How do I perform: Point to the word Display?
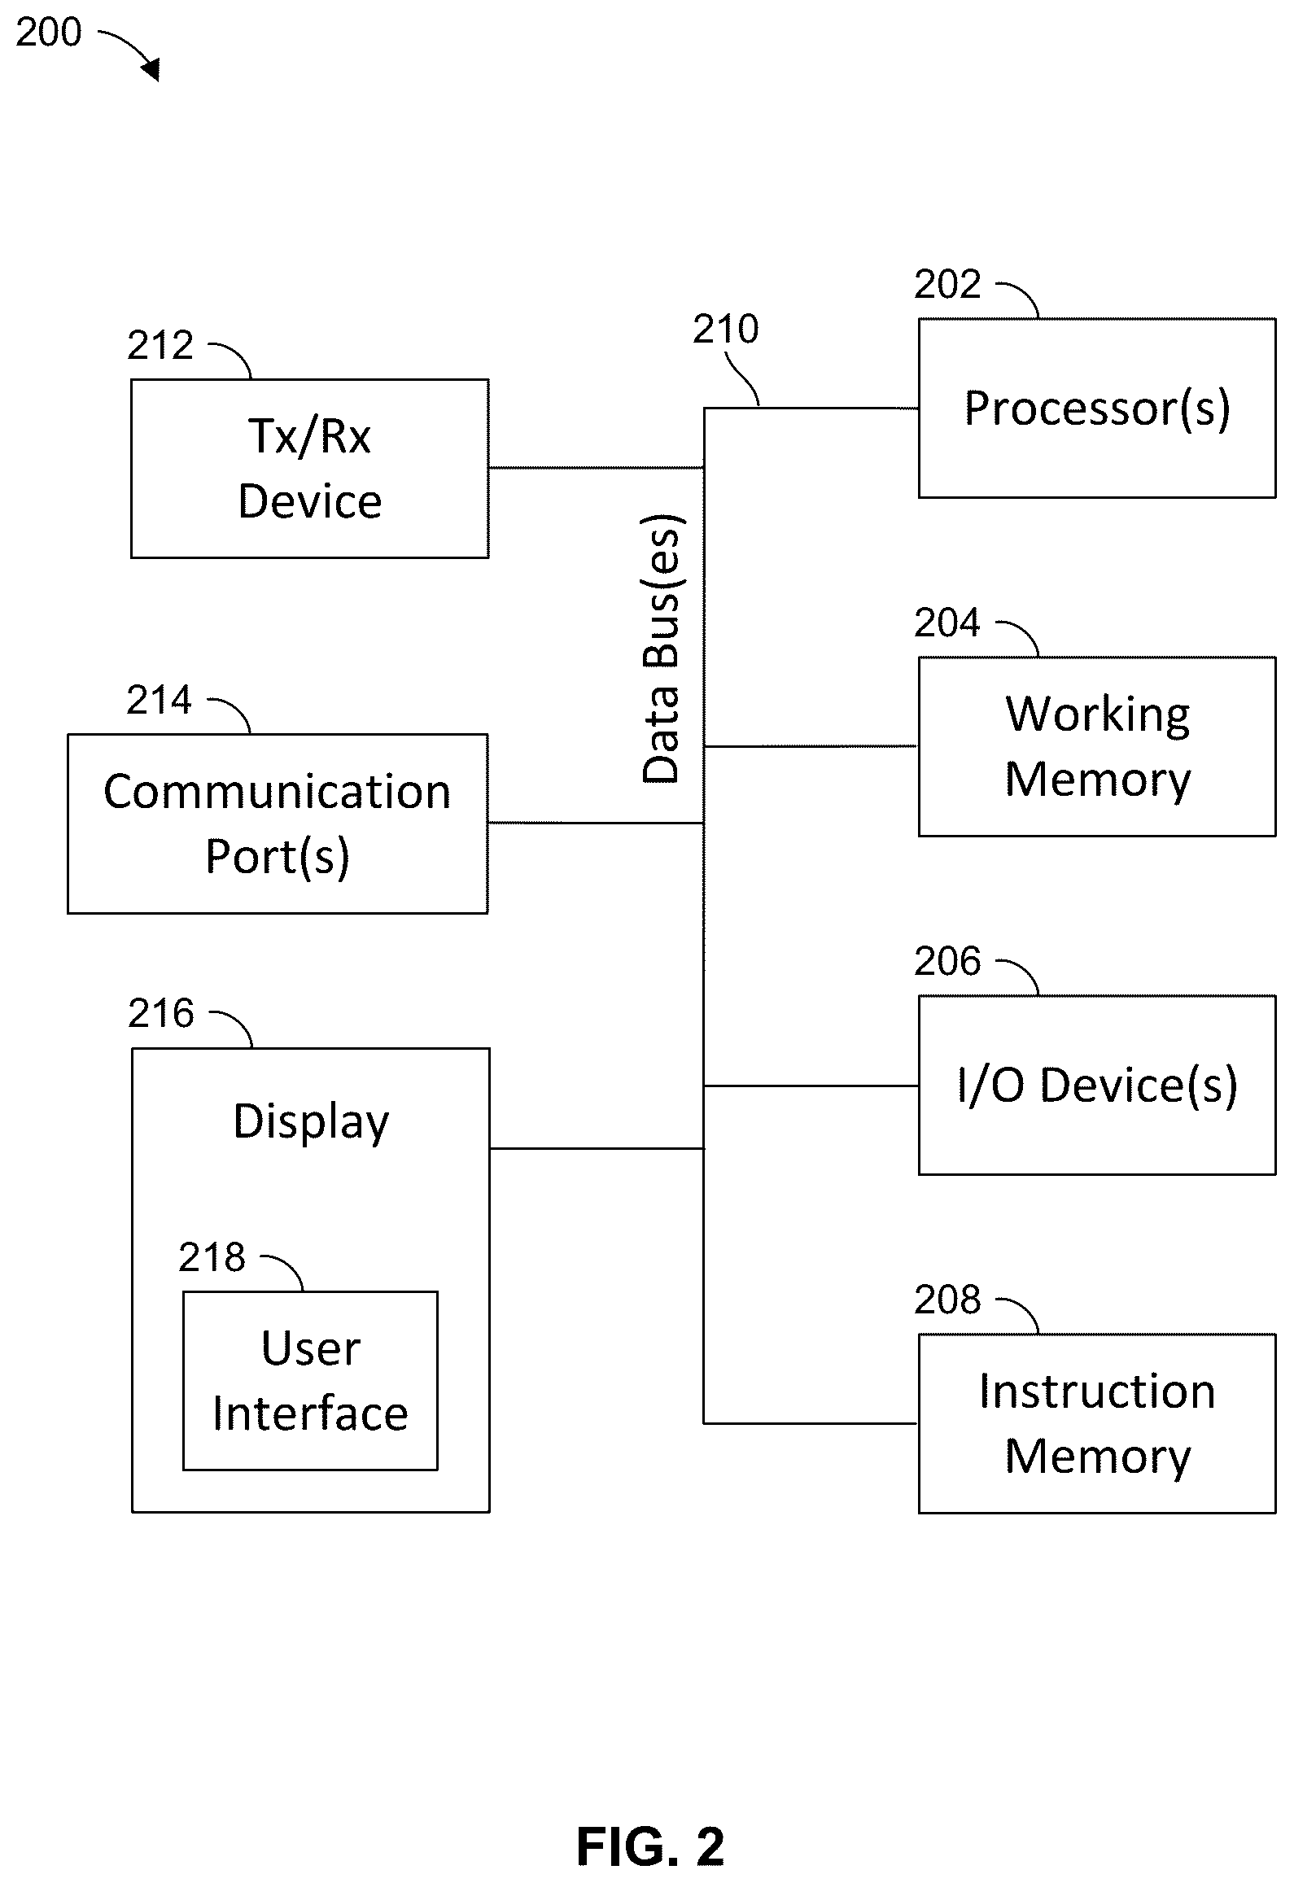tap(311, 1123)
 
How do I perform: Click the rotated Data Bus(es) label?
tap(662, 649)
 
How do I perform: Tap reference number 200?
tap(49, 33)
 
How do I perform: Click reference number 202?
tap(947, 284)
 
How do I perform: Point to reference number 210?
tap(726, 329)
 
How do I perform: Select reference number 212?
tap(160, 345)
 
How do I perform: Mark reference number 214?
tap(160, 700)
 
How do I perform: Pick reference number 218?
tap(212, 1257)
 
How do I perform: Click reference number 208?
tap(947, 1300)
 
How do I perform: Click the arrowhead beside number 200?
tap(151, 71)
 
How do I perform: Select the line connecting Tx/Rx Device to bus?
tap(597, 468)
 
